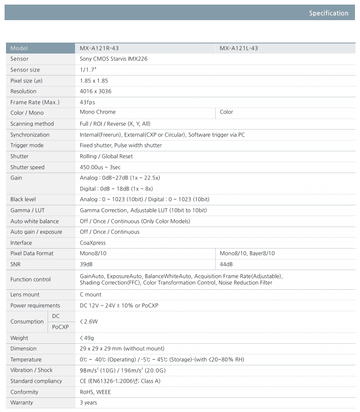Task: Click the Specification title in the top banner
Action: coord(328,13)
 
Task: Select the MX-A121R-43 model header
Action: coord(99,48)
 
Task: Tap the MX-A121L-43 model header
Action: coord(239,48)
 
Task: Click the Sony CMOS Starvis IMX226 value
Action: coord(113,59)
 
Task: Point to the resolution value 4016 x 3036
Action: coord(95,91)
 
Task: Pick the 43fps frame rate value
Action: coord(87,102)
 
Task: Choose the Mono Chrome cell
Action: coord(97,112)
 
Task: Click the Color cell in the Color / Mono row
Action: coord(226,112)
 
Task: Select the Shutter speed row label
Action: coord(27,167)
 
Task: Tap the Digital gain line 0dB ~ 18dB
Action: coord(116,189)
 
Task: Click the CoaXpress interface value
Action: coord(92,243)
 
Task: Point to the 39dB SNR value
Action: coord(86,264)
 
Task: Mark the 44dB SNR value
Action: coord(226,264)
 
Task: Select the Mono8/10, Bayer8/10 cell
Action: coord(247,253)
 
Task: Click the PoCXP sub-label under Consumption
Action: coord(60,327)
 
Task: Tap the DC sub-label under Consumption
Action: coord(56,316)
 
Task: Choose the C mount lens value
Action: coord(91,294)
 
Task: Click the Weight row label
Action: coord(19,338)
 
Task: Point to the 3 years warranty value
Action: coord(88,402)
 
